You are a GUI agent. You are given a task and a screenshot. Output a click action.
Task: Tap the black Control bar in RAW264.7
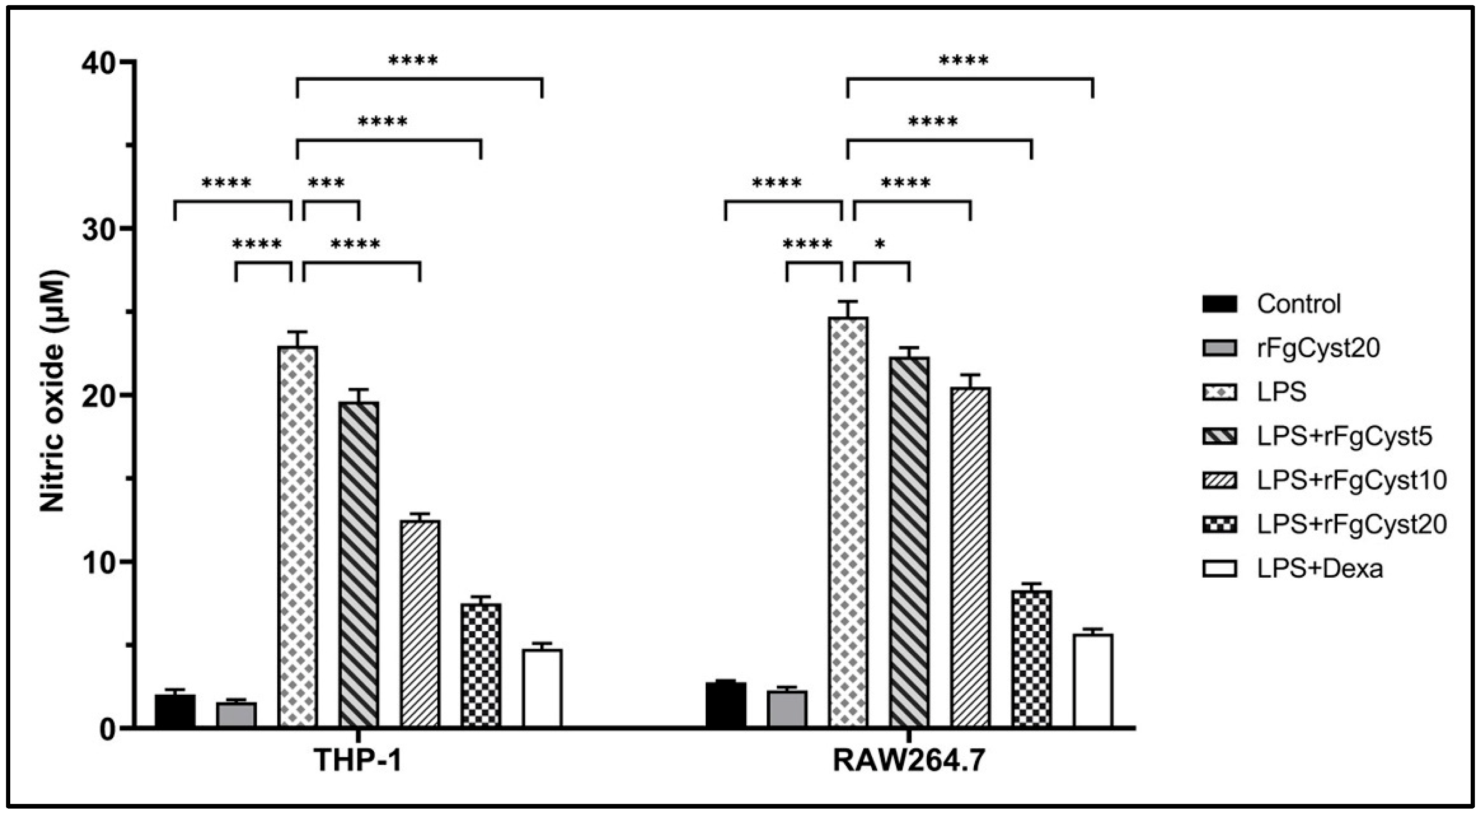tap(726, 704)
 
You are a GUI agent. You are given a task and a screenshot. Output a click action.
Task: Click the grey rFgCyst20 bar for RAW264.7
tap(787, 708)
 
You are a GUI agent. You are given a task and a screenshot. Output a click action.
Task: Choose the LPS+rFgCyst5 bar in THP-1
tap(358, 564)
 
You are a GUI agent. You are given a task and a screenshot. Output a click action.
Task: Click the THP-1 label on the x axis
tap(358, 761)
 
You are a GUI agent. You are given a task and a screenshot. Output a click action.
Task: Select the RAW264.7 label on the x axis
tap(909, 761)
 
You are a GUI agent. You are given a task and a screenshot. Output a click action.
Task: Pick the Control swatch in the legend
tap(1219, 304)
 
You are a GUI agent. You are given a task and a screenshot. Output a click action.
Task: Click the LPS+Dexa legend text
tap(1320, 569)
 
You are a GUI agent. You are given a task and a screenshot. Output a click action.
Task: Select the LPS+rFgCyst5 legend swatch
tap(1219, 437)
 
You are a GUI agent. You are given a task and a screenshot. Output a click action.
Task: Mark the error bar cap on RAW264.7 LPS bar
tap(848, 301)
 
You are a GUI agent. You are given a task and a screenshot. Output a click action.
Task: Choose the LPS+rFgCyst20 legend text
tap(1351, 524)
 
